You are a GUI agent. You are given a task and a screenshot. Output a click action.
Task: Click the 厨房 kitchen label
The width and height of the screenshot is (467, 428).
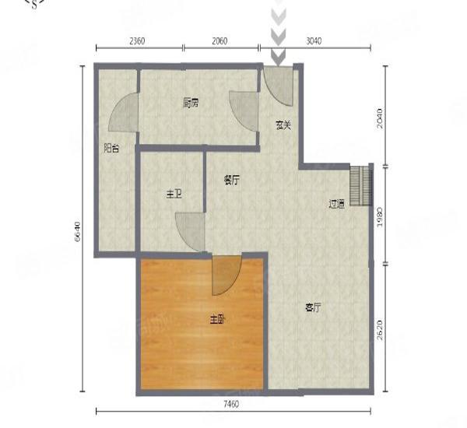(190, 102)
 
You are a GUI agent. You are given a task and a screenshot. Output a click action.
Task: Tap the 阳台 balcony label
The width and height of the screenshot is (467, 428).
(111, 148)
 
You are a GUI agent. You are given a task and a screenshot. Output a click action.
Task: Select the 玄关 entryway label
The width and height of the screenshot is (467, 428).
(283, 125)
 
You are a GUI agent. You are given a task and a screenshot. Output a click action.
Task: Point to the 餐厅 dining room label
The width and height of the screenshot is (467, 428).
(231, 181)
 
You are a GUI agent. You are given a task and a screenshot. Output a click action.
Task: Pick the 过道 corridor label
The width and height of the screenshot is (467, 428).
(336, 204)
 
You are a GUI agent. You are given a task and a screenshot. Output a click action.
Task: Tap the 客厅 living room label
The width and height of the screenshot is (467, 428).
(313, 307)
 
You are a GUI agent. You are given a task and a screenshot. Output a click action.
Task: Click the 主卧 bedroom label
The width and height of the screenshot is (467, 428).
(217, 319)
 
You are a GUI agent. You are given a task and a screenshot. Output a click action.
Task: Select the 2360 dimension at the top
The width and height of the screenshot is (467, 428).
(137, 42)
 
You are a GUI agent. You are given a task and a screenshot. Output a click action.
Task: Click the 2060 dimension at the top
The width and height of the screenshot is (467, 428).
(219, 42)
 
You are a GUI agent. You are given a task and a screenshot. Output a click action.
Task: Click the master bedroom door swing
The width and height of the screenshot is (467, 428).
(226, 275)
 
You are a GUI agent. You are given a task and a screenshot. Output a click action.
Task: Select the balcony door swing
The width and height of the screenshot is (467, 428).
(124, 114)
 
